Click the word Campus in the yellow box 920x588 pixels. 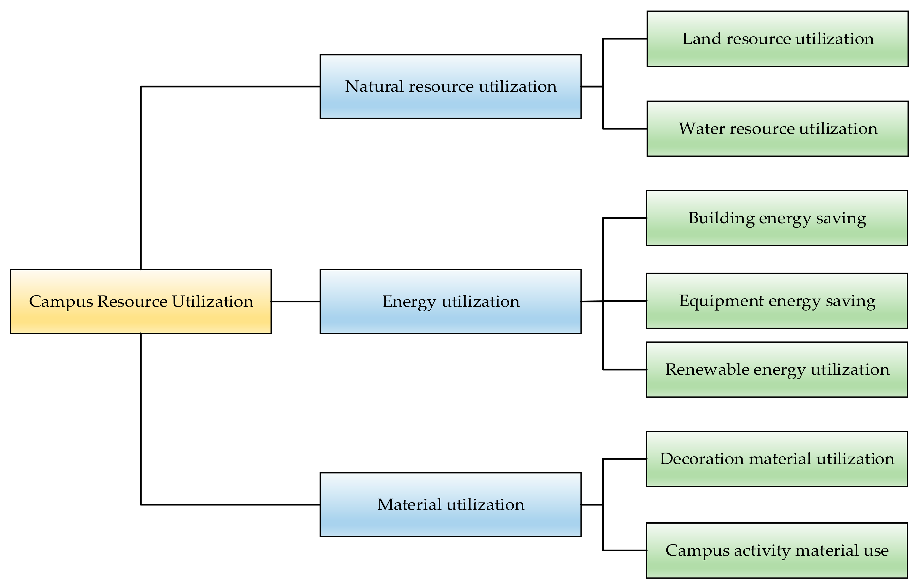61,302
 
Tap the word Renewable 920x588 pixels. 707,370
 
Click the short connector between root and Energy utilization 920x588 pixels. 295,302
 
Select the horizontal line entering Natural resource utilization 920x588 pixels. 229,87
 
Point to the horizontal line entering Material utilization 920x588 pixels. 229,505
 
